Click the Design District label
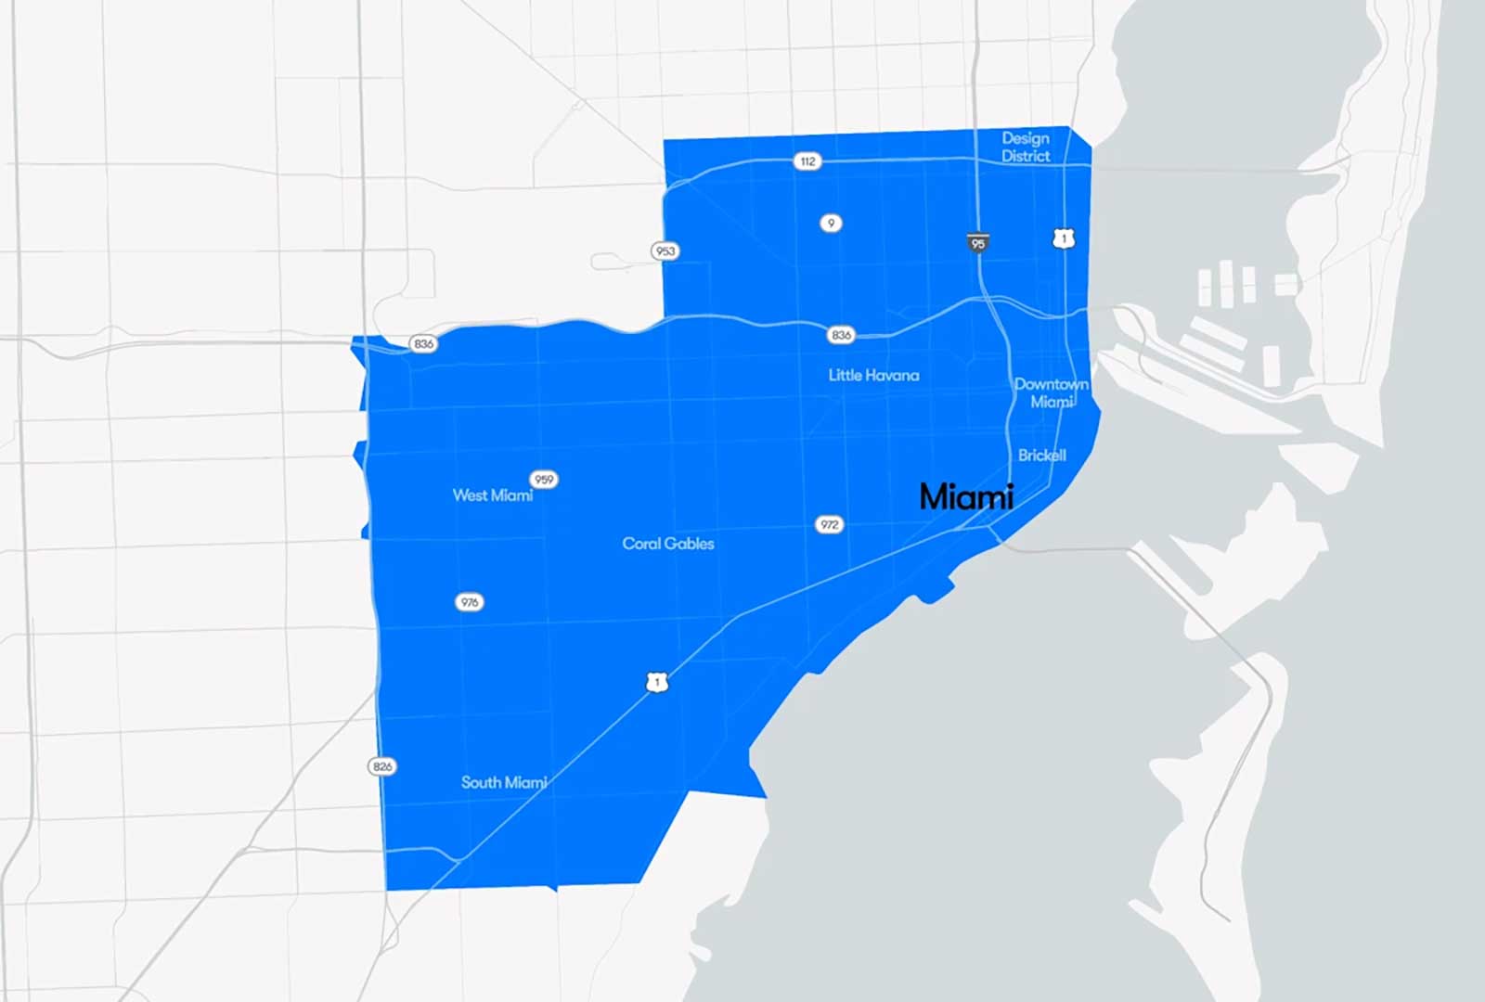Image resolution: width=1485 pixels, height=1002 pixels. pos(1026,148)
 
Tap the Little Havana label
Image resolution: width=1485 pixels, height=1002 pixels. pos(873,375)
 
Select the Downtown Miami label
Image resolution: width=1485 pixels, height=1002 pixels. pos(1051,392)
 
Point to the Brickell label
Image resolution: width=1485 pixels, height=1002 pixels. pos(1041,456)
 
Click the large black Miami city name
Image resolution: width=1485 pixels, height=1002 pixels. pos(966,497)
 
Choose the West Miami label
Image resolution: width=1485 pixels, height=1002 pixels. pos(492,495)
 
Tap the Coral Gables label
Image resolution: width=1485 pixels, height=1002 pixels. pos(668,544)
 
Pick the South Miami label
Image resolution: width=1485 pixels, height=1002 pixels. pos(504,782)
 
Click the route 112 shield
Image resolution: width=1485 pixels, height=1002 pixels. pos(807,161)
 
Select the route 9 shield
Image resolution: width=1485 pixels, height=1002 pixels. pos(831,223)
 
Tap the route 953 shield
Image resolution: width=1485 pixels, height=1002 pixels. pos(665,250)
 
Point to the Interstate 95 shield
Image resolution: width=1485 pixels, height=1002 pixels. pos(977,242)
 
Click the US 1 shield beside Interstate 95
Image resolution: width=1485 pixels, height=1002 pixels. pos(1064,238)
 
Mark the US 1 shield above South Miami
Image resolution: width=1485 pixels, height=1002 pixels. pos(657,682)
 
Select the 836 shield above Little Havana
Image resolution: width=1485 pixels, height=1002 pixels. pos(841,335)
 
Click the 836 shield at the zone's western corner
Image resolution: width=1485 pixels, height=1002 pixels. pos(423,343)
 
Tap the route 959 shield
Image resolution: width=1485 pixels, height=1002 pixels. pos(544,480)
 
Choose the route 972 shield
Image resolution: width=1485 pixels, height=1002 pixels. pos(829,524)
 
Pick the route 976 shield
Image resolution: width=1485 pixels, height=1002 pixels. pos(470,602)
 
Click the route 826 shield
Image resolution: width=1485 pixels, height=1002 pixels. pos(382,766)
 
